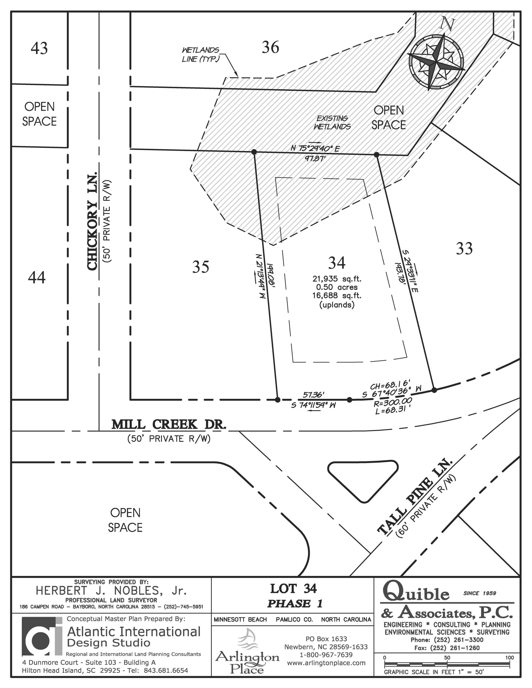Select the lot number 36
tap(271, 47)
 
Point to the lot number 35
tap(201, 267)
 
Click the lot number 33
tap(464, 249)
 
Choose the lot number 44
tap(37, 278)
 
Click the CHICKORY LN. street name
tap(93, 221)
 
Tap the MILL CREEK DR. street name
tap(169, 424)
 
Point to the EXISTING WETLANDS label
tap(332, 123)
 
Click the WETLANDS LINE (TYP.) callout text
tap(200, 55)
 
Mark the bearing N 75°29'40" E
tap(315, 148)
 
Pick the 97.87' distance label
tap(315, 158)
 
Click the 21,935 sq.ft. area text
tap(337, 279)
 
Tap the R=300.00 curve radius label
tap(393, 402)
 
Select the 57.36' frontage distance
tap(313, 395)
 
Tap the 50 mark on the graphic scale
tap(447, 657)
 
